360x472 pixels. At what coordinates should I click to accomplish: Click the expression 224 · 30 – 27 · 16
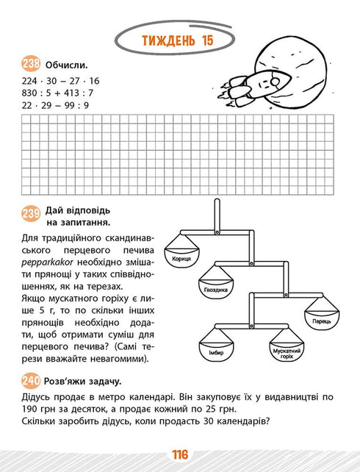(x=56, y=80)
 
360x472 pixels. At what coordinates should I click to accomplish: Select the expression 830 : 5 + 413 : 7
(x=56, y=93)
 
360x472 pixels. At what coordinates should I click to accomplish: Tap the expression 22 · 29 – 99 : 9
(x=51, y=105)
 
